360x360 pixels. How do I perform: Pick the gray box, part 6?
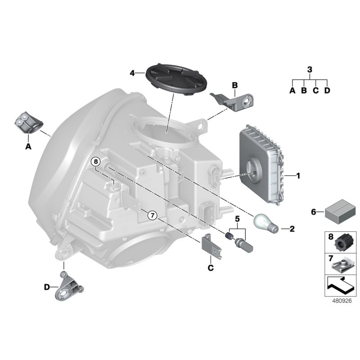click(338, 212)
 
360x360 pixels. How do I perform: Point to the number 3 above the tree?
click(309, 69)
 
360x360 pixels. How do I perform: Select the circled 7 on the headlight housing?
click(152, 216)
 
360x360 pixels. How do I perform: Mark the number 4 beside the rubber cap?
click(132, 72)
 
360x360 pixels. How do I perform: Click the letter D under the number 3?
click(327, 90)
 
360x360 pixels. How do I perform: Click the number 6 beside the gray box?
click(315, 211)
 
